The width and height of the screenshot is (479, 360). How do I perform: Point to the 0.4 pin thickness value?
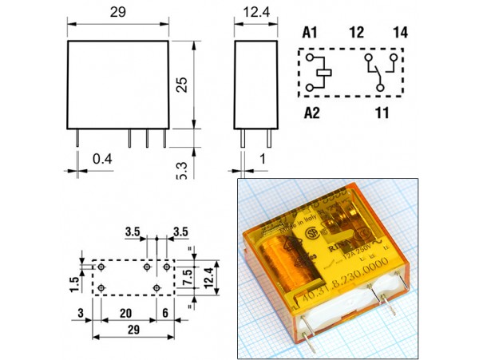[x=102, y=160]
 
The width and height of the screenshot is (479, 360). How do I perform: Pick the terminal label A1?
[x=311, y=33]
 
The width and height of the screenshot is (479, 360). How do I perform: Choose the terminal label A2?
[x=311, y=113]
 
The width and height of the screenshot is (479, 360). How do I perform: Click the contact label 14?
[x=400, y=33]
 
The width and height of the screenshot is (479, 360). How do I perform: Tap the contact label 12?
[x=357, y=33]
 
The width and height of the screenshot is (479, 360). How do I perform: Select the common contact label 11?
[x=382, y=113]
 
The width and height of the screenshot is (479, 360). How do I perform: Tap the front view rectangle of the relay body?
[x=117, y=85]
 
